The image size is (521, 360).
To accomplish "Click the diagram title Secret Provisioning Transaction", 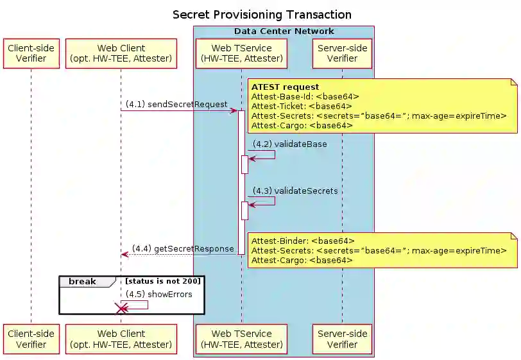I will coord(262,15).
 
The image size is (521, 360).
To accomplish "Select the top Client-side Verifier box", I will coord(31,53).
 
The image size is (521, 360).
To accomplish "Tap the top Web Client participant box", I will coord(121,53).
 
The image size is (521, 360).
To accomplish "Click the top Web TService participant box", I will coord(242,53).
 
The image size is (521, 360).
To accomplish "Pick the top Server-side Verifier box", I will coord(342,53).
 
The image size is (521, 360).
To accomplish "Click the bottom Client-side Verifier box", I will coord(31,339).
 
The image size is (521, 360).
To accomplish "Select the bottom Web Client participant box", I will coord(121,339).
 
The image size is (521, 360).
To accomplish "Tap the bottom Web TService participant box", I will coord(242,339).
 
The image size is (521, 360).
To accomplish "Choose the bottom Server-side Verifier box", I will coord(342,339).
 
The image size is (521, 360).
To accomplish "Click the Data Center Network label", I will coord(284,31).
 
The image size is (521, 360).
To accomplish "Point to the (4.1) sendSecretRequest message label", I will coord(176,104).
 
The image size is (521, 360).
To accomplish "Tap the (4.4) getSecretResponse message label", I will coord(183,248).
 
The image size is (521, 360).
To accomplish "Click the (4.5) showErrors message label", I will coord(158,294).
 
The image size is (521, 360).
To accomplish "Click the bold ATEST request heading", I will coord(285,87).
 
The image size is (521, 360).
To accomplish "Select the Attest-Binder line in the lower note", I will coord(303,241).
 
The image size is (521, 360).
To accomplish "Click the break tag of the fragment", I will coord(82,281).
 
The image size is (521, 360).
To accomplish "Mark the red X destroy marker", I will coord(120,309).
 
